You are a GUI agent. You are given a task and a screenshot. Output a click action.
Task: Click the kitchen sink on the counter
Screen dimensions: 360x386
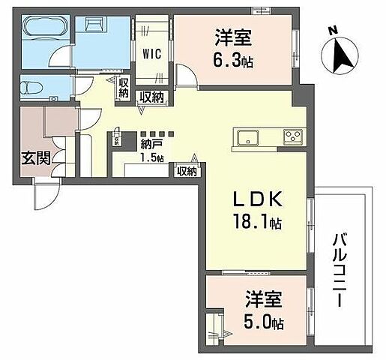[x=248, y=137]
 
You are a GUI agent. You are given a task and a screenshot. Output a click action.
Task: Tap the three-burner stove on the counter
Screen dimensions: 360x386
[x=293, y=136]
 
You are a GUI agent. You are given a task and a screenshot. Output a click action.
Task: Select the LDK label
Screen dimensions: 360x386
[x=255, y=200]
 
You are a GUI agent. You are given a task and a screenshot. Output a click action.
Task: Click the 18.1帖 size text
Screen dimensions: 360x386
[x=256, y=223]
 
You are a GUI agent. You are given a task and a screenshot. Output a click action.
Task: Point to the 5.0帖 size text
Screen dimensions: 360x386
[x=264, y=324]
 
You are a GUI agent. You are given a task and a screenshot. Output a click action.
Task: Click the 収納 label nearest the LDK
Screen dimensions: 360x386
[x=187, y=172]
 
